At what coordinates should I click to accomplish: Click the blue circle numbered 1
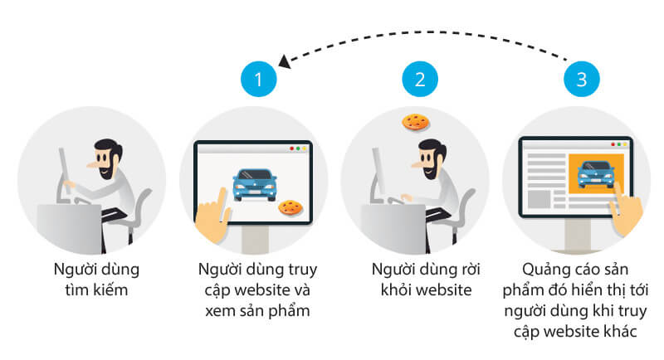click(257, 80)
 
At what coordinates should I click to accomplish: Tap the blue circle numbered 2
click(419, 80)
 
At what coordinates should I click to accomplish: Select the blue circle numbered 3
click(581, 80)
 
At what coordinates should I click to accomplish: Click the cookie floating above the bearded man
click(414, 121)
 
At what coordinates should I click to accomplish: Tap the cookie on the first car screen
click(289, 206)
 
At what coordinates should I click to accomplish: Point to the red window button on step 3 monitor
click(613, 144)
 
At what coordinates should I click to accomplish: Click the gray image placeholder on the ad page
click(540, 199)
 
